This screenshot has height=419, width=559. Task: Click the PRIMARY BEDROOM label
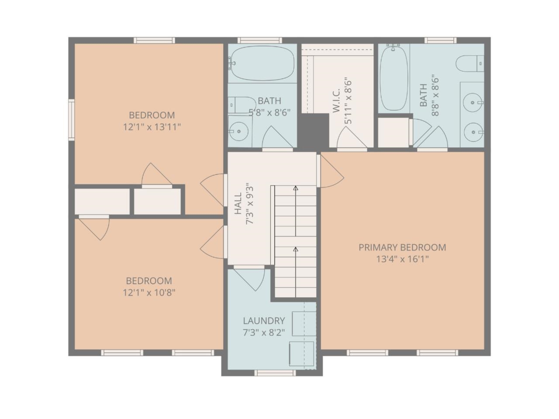pyautogui.click(x=402, y=247)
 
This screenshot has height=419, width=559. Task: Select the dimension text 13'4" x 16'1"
pyautogui.click(x=402, y=259)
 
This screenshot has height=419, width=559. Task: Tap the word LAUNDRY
pyautogui.click(x=264, y=321)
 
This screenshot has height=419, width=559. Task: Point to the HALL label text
pyautogui.click(x=238, y=203)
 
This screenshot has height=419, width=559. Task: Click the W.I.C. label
pyautogui.click(x=336, y=101)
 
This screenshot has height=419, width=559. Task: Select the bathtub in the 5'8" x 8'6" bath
pyautogui.click(x=262, y=63)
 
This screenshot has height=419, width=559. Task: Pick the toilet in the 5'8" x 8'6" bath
pyautogui.click(x=241, y=105)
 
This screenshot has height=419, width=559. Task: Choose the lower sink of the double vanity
pyautogui.click(x=473, y=131)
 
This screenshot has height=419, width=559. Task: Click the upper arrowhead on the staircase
pyautogui.click(x=296, y=189)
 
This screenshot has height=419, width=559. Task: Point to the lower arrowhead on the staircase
pyautogui.click(x=296, y=250)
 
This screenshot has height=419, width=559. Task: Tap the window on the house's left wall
pyautogui.click(x=71, y=120)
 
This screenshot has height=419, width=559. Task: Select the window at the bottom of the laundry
pyautogui.click(x=275, y=372)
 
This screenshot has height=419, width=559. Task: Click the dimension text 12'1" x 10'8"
pyautogui.click(x=149, y=292)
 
